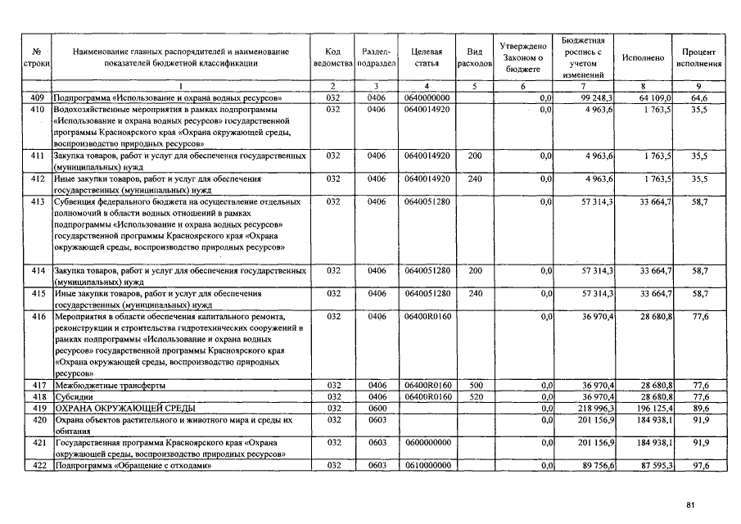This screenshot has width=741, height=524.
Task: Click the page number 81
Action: [690, 505]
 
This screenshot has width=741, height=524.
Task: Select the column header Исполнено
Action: [643, 57]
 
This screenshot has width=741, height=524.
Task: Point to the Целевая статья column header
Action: [427, 57]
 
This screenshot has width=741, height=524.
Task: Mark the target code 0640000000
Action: [427, 98]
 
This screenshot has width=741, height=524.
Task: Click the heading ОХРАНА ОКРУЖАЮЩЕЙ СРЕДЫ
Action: [124, 408]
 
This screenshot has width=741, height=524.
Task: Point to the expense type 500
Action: [474, 385]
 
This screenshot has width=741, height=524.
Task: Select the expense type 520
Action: [474, 396]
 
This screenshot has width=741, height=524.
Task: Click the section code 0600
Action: [377, 408]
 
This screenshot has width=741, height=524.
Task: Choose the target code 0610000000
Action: [427, 466]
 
